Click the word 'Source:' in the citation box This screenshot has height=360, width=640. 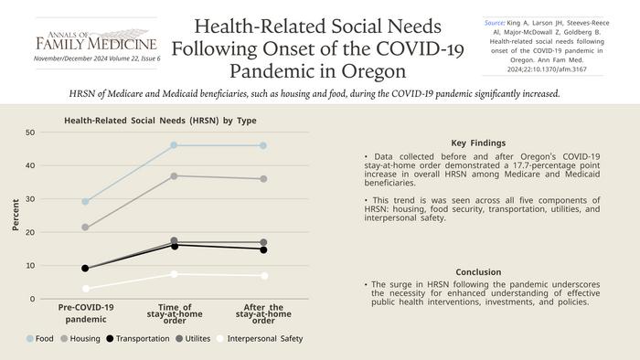point(495,23)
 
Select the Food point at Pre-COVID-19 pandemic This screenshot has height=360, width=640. point(85,201)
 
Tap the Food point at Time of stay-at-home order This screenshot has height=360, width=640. point(174,145)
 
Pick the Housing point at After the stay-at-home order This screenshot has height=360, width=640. point(263,179)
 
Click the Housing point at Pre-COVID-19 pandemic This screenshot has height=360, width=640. point(85,228)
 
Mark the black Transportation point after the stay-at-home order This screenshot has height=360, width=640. point(263,250)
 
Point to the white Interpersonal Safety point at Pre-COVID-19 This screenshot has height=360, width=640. point(85,289)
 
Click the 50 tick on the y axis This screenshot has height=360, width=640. point(30,132)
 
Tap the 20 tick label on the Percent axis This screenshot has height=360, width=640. point(30,232)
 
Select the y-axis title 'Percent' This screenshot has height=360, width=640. point(16,215)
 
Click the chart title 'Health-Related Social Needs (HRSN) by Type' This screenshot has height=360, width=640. point(160,121)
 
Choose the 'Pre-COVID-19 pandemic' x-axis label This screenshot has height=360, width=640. point(86,313)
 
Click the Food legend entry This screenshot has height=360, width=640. point(40,338)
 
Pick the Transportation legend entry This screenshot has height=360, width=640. point(137,338)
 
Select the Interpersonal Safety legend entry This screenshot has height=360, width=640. point(260,338)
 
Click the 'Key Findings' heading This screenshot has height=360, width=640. point(478,143)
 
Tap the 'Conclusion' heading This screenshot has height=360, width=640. point(478,272)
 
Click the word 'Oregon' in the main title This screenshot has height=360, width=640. point(373,71)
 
